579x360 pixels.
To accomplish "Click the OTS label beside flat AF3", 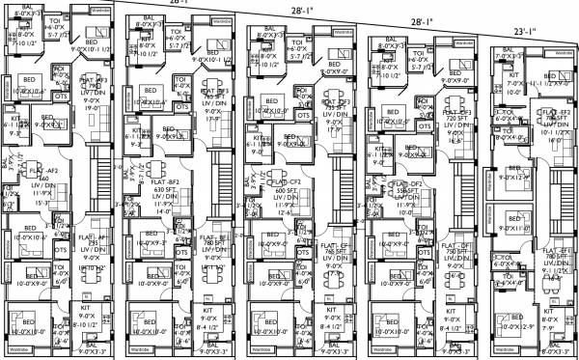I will tap(60, 96).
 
